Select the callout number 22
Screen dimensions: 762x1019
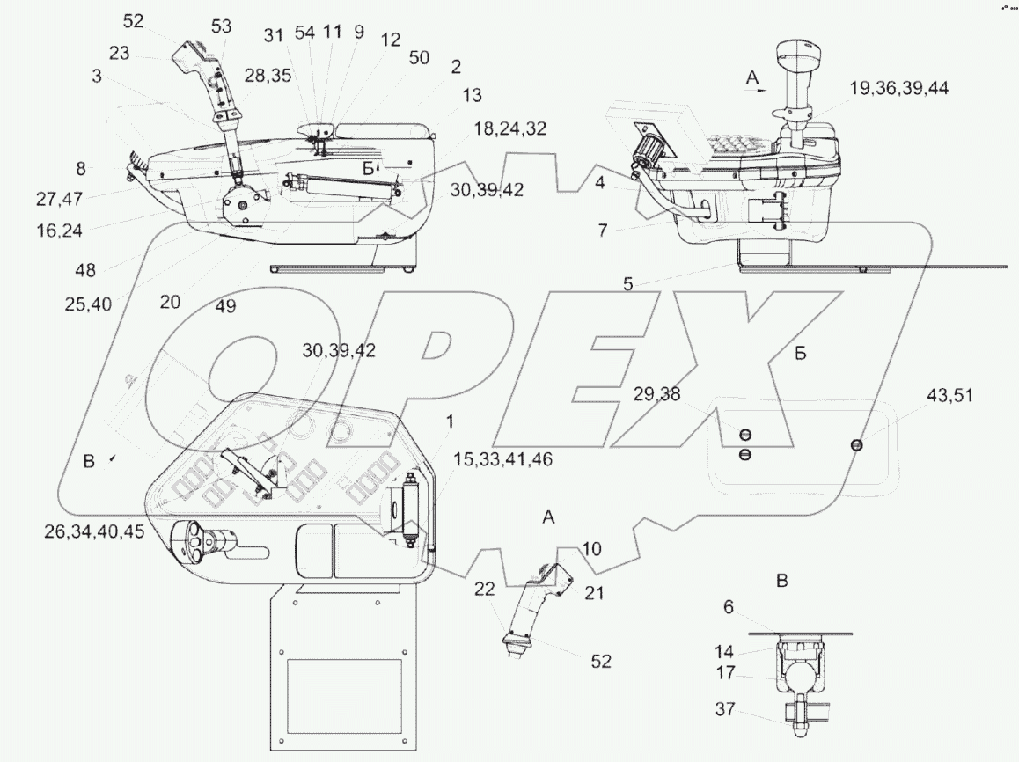tap(485, 588)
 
